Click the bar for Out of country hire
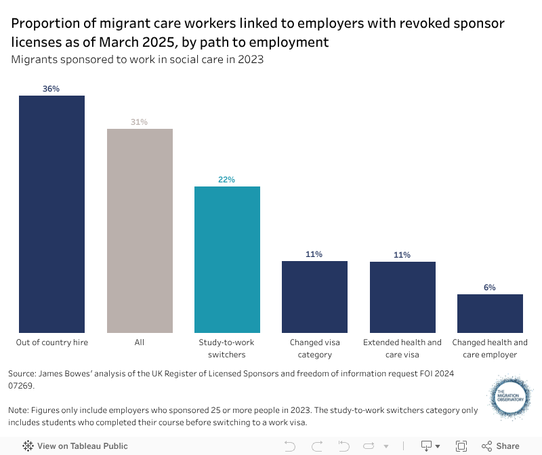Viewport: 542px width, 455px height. point(51,214)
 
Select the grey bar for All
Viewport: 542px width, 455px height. point(140,231)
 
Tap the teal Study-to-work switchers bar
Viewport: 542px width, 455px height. point(227,259)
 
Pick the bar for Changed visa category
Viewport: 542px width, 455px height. point(314,296)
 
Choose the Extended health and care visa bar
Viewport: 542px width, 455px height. point(402,296)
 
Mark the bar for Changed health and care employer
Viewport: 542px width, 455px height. point(490,313)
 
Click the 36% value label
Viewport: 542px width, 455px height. point(51,89)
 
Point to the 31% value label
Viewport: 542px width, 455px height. point(140,122)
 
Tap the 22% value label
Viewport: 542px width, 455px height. point(227,180)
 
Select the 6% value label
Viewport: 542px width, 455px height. point(490,288)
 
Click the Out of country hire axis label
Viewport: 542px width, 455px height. point(52,342)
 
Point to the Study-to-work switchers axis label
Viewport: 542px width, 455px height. point(227,349)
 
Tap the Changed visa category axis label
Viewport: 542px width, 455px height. point(314,349)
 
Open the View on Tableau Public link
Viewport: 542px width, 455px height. point(75,446)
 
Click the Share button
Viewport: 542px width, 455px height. point(501,446)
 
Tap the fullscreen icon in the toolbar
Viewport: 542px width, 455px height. point(461,446)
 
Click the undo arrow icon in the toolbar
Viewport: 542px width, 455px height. point(290,446)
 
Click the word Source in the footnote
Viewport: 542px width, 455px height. point(21,374)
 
